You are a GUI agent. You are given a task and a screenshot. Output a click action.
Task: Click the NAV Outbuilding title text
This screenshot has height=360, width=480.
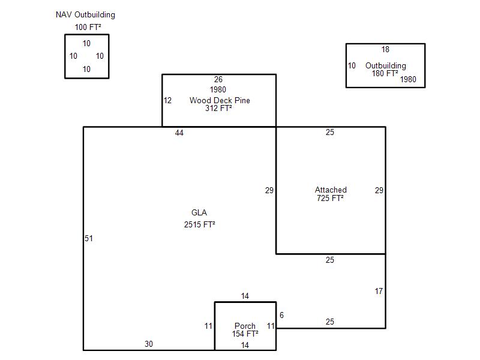(x=85, y=14)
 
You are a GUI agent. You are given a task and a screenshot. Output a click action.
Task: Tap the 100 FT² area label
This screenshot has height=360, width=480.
(x=88, y=27)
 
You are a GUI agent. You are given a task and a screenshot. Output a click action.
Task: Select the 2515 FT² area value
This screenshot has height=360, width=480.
(x=200, y=224)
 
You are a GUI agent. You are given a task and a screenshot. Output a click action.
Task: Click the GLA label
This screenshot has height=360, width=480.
(x=199, y=212)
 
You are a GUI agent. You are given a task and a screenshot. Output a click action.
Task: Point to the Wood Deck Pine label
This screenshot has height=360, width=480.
(x=220, y=100)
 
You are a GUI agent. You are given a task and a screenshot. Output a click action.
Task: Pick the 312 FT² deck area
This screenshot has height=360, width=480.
(x=218, y=108)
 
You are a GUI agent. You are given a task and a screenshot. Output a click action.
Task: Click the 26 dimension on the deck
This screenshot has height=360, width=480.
(x=218, y=80)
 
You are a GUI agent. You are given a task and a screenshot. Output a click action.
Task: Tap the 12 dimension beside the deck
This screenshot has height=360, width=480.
(x=167, y=100)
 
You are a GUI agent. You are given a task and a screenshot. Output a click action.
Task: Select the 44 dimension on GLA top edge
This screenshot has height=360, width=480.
(x=179, y=133)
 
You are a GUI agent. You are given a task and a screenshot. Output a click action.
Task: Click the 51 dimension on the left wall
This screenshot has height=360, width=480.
(x=89, y=238)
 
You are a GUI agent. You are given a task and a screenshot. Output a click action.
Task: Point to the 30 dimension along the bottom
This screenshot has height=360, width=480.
(x=149, y=344)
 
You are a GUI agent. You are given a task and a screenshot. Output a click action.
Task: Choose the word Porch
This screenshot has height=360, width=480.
(x=245, y=326)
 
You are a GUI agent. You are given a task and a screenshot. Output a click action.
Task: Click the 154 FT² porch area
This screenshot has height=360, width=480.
(x=245, y=334)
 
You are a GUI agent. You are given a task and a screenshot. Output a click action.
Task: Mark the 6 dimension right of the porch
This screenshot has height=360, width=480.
(x=281, y=315)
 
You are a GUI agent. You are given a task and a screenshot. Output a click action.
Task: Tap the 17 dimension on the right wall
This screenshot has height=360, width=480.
(x=379, y=291)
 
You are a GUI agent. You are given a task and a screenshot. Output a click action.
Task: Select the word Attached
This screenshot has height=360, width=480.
(x=331, y=190)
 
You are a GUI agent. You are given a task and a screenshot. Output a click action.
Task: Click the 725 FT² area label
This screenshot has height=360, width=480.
(x=331, y=198)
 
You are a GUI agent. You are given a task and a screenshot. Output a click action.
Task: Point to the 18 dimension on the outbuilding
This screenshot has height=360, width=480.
(x=385, y=50)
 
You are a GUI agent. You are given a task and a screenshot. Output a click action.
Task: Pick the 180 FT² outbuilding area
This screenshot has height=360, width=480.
(x=385, y=73)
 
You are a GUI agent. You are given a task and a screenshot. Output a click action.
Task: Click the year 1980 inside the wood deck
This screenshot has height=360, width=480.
(x=218, y=89)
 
